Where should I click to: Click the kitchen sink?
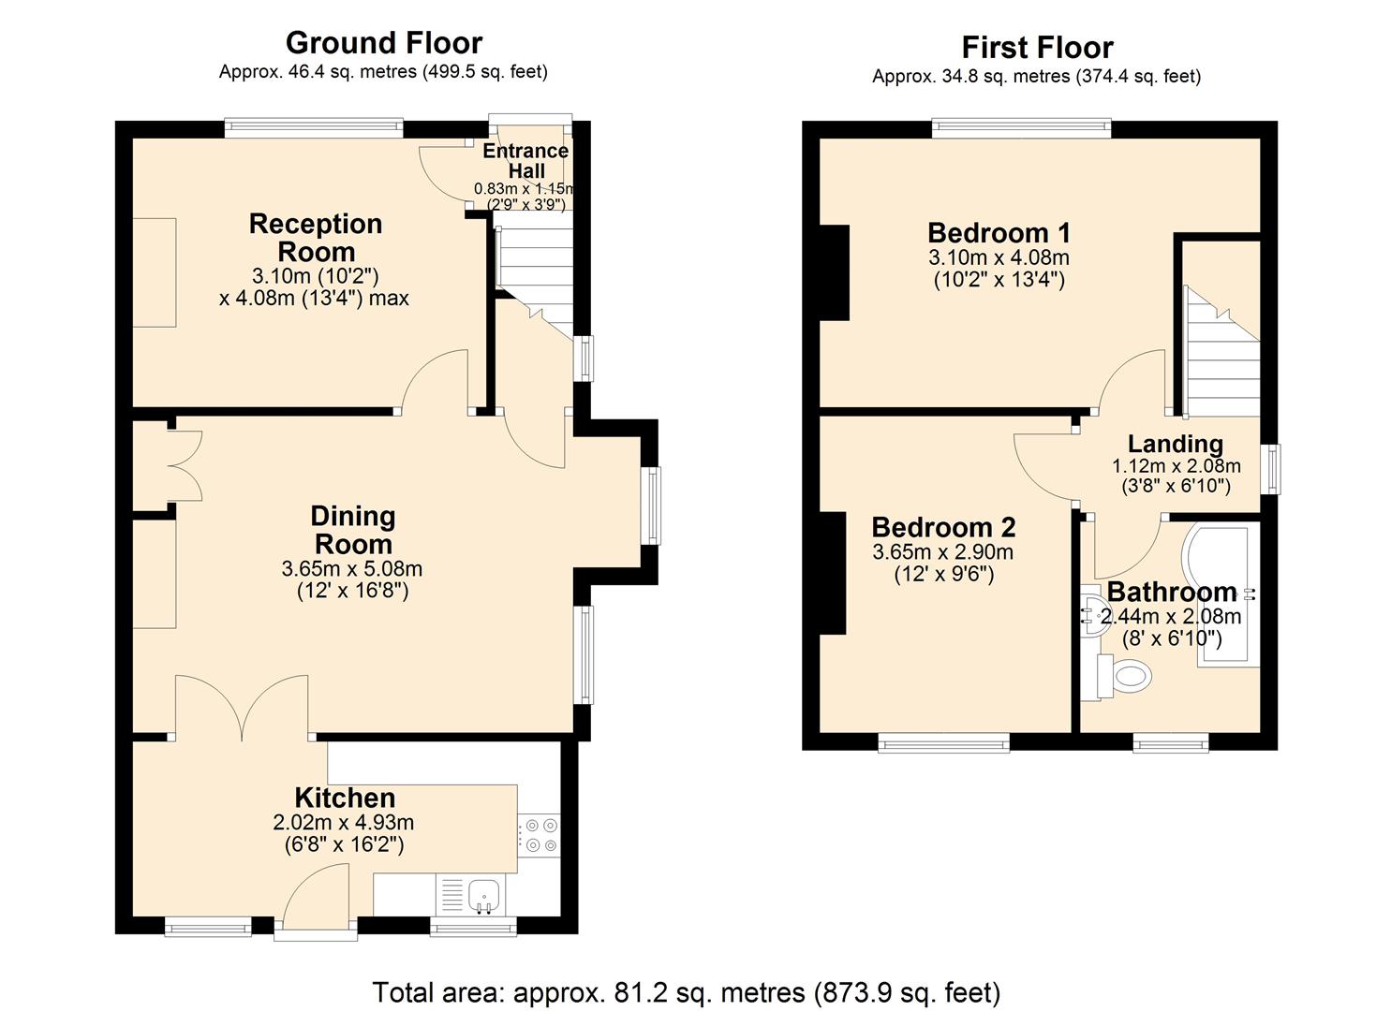[483, 895]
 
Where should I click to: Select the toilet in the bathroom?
[1127, 675]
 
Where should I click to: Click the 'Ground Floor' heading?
[383, 43]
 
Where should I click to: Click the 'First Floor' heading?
[1037, 48]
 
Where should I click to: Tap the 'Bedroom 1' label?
[999, 232]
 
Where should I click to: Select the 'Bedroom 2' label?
[943, 527]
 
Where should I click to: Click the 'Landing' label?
[1175, 444]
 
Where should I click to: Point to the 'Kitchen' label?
[345, 798]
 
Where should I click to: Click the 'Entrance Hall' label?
[525, 161]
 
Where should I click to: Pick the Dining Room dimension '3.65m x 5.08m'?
[351, 569]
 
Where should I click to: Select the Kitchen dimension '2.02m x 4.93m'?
[343, 823]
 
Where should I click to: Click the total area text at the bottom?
[686, 992]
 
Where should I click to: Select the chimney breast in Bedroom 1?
[835, 272]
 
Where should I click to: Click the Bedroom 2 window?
[943, 742]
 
